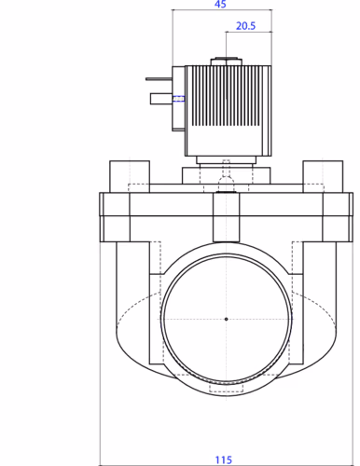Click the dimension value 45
click(x=220, y=4)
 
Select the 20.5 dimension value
click(x=245, y=26)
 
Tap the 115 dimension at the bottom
click(x=224, y=459)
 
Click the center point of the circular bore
click(x=226, y=319)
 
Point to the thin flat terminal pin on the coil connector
click(x=159, y=79)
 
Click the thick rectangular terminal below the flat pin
click(x=161, y=99)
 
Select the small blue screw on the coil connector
click(x=178, y=99)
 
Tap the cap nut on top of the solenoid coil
click(x=226, y=62)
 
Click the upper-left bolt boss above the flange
click(x=130, y=176)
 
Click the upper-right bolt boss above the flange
click(x=323, y=176)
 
